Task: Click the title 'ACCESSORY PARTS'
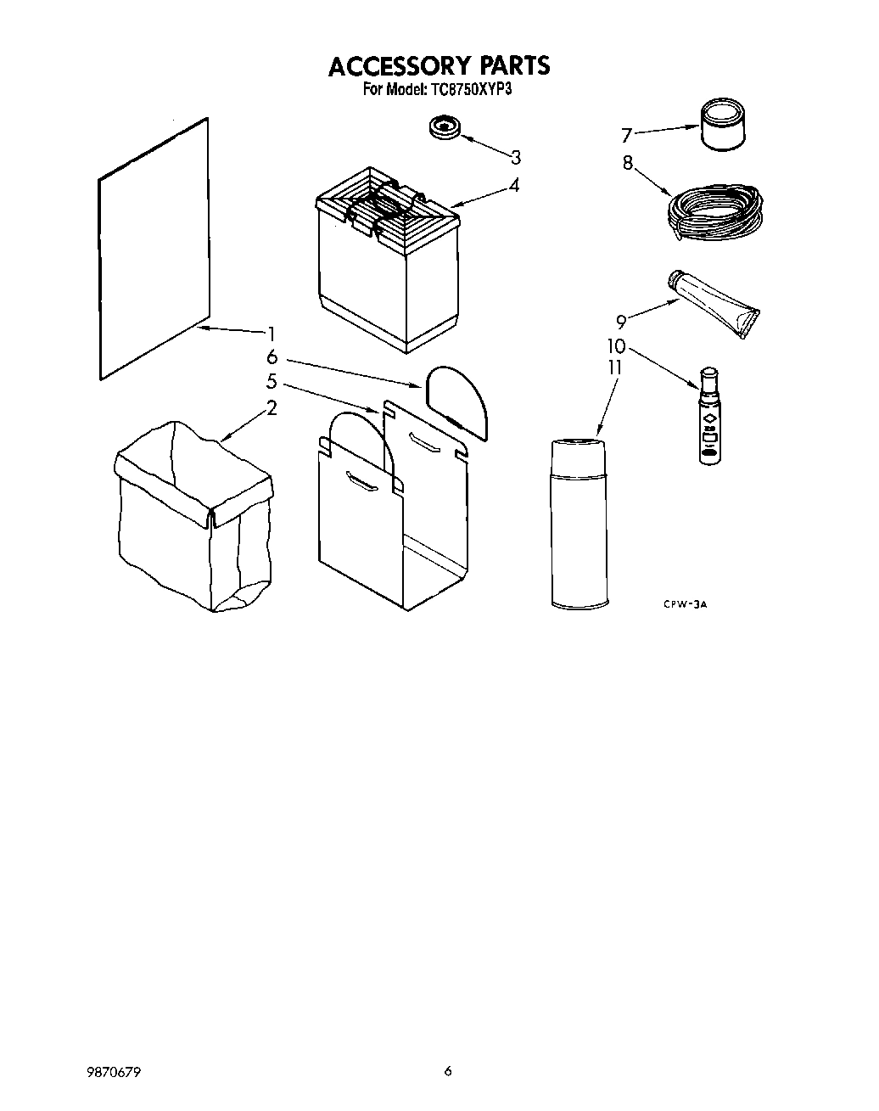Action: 439,65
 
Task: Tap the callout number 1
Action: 271,334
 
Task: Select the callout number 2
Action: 272,408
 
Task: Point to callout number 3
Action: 515,157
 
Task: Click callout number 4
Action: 514,185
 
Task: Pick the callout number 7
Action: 627,135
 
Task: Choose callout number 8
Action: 628,163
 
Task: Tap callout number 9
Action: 621,321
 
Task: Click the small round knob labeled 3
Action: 444,127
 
